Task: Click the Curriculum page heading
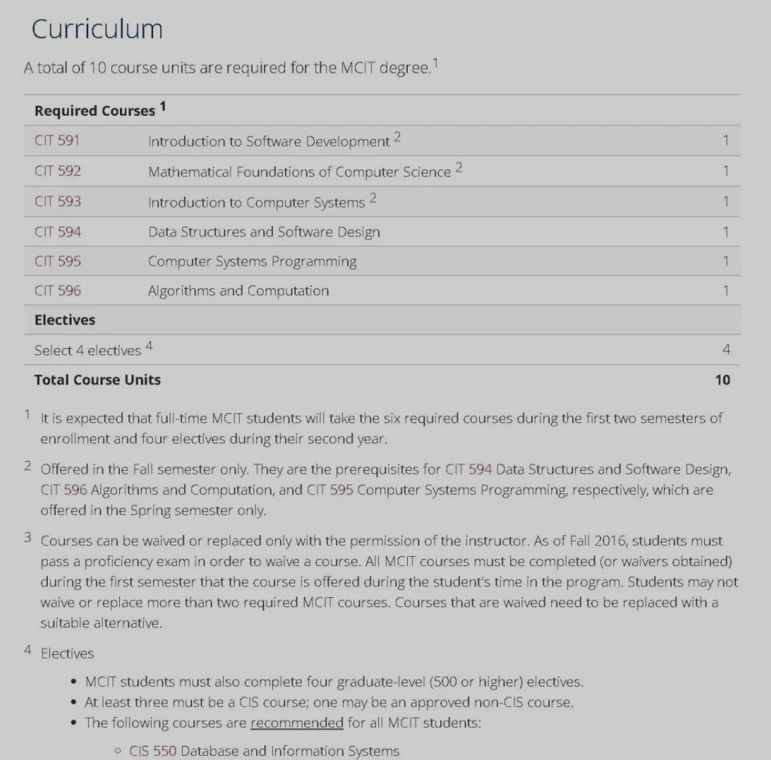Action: click(97, 29)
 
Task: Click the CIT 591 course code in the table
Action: click(57, 141)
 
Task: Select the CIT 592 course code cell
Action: click(57, 171)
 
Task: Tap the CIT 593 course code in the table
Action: click(57, 201)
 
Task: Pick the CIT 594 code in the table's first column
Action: click(57, 232)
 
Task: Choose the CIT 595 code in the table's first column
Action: click(57, 261)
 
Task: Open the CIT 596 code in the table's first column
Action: click(57, 291)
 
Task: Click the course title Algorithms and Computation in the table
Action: click(239, 291)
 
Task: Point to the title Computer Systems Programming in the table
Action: click(252, 261)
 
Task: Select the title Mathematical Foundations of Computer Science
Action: click(299, 172)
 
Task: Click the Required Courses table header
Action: click(95, 111)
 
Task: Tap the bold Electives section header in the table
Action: click(65, 320)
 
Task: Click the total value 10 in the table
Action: click(722, 380)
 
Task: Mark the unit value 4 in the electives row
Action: click(726, 350)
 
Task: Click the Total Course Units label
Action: click(98, 380)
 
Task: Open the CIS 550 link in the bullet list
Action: click(152, 751)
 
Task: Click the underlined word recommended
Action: click(297, 723)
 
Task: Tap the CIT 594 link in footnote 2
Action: click(468, 469)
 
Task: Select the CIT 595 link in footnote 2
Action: click(330, 490)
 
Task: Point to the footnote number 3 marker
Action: click(28, 538)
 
